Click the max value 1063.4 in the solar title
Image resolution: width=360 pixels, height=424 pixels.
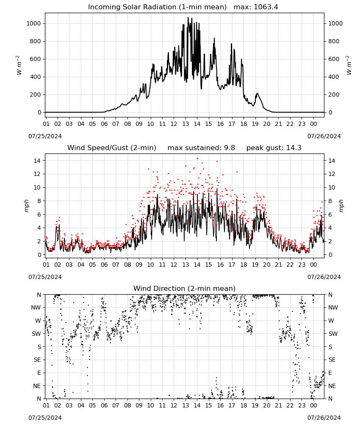(x=266, y=7)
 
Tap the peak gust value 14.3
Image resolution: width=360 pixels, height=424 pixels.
(x=293, y=148)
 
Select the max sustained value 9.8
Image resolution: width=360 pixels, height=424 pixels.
(x=229, y=148)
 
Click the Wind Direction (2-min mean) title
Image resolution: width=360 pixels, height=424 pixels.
(x=185, y=288)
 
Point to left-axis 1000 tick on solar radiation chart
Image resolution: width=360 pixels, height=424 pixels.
(x=33, y=23)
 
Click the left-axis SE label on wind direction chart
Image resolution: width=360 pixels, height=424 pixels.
(x=37, y=360)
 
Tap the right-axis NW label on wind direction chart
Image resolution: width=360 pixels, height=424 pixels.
(x=333, y=308)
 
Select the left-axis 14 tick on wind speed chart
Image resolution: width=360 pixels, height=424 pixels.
(x=37, y=161)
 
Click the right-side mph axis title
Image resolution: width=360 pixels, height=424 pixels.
(x=341, y=206)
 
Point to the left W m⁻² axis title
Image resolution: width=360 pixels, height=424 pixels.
(x=18, y=65)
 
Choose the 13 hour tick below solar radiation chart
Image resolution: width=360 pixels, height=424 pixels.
(x=185, y=124)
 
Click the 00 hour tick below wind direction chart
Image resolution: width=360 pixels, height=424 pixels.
(x=313, y=406)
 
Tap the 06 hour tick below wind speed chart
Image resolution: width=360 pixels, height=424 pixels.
(x=104, y=265)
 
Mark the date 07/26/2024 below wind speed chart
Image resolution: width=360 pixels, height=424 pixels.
(x=324, y=277)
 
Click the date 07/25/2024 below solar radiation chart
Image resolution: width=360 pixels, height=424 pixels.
(x=45, y=136)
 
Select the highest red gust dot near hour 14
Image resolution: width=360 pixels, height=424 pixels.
(x=197, y=159)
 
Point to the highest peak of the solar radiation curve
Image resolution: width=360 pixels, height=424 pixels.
(x=188, y=17)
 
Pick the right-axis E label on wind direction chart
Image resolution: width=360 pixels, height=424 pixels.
(x=330, y=373)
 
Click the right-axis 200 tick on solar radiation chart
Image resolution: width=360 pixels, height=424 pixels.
(x=334, y=95)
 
